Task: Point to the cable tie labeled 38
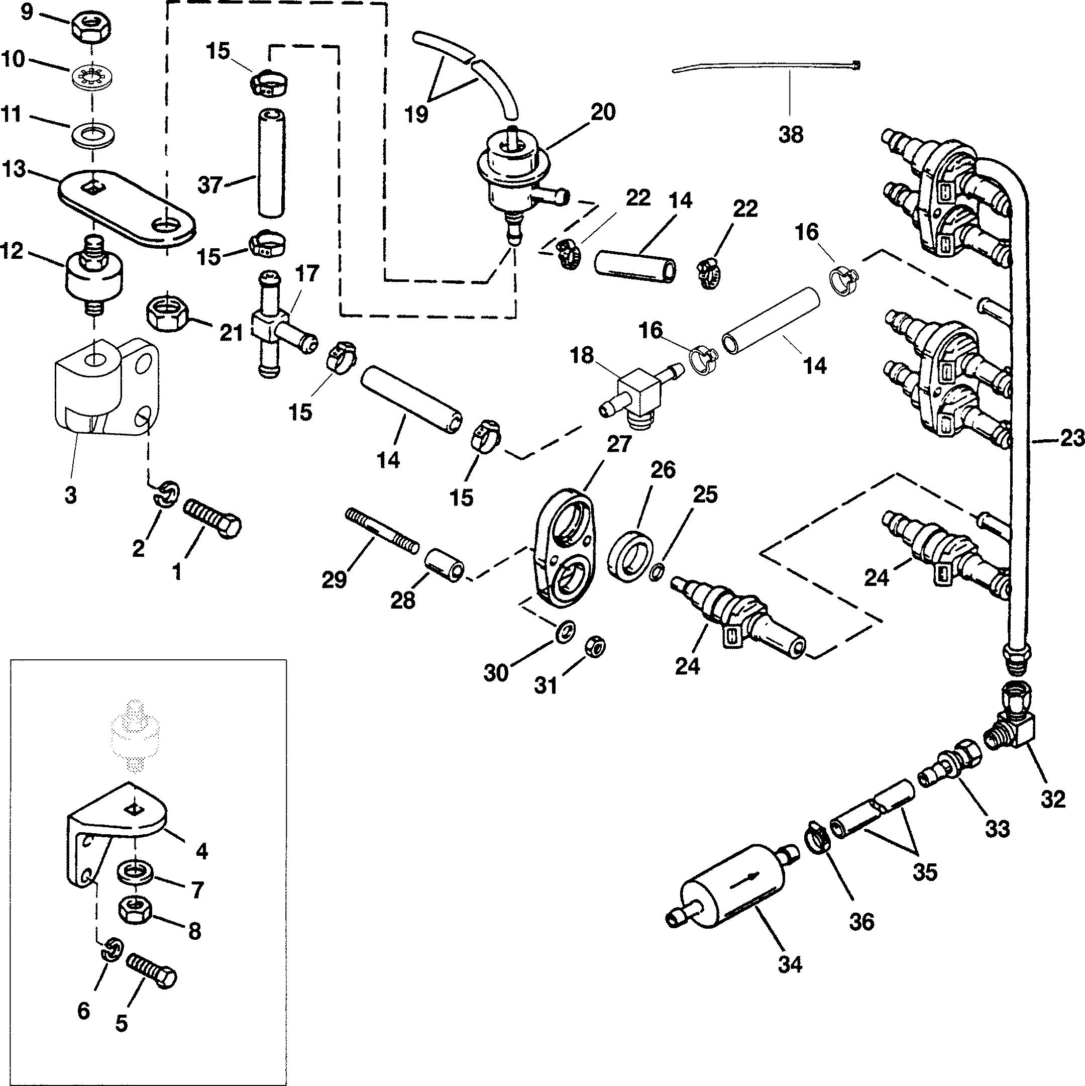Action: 767,67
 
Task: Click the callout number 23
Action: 1070,438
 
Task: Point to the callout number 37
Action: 210,185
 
